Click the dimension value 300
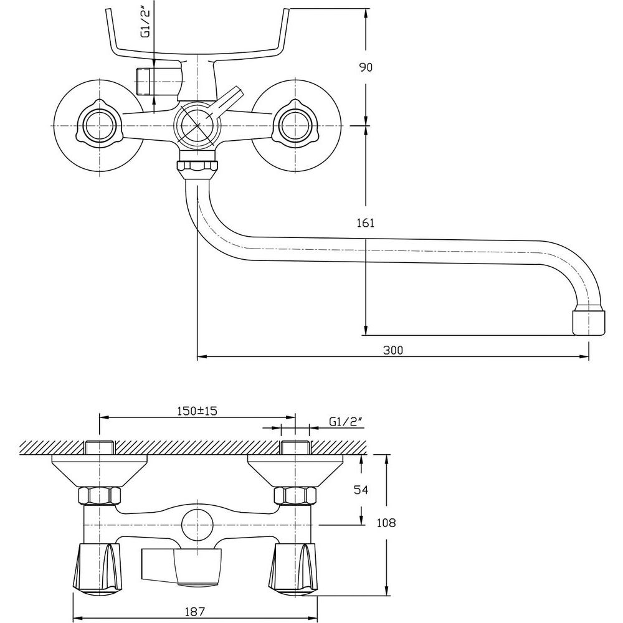point(393,350)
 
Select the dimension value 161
point(366,222)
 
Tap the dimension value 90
point(366,68)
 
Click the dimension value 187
point(196,612)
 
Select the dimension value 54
point(361,490)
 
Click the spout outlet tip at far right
point(588,321)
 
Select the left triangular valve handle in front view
point(98,125)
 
